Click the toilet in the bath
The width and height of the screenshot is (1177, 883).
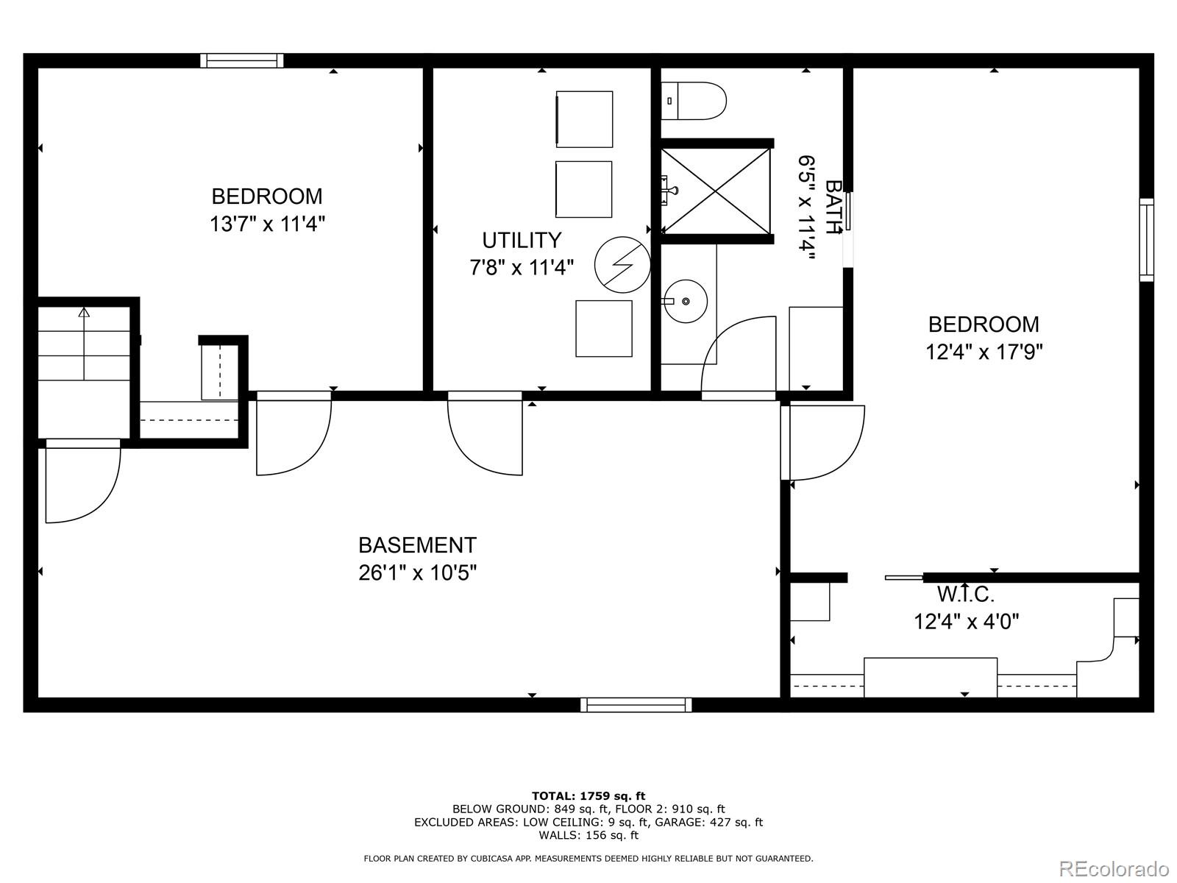tap(695, 102)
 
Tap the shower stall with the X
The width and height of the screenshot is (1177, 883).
tap(716, 191)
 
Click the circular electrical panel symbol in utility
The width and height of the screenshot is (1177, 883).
tap(622, 264)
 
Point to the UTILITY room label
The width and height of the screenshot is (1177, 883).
tap(522, 241)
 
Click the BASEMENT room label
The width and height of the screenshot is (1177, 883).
tap(417, 545)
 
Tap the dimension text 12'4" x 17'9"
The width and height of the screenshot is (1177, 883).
tap(984, 352)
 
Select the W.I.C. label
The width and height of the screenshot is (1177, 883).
tap(965, 594)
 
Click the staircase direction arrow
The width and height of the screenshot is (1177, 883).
tap(84, 313)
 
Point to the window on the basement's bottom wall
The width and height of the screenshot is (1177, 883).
tap(636, 705)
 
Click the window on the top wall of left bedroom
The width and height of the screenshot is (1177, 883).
tap(242, 60)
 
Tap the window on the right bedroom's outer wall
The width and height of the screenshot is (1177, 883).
tap(1146, 239)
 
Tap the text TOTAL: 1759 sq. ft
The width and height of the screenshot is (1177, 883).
tap(588, 795)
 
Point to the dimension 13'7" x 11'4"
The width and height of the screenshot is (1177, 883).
tap(267, 224)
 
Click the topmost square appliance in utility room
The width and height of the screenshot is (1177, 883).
tap(584, 119)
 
